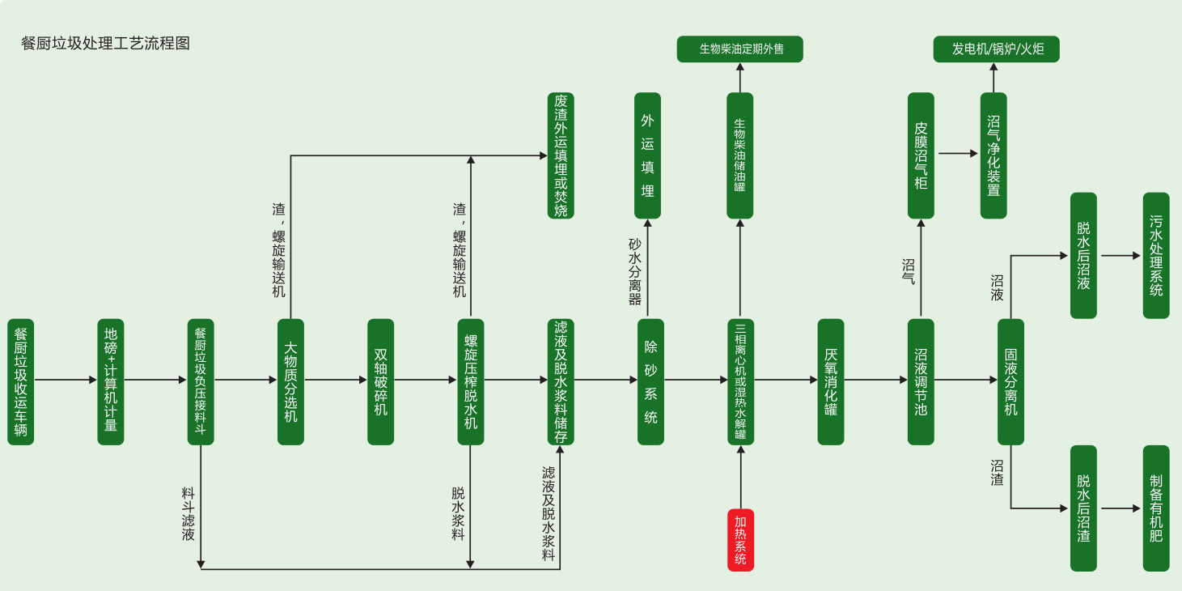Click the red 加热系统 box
click(x=740, y=540)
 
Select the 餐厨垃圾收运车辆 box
click(x=21, y=381)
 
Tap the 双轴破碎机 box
click(x=380, y=381)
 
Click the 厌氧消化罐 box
click(x=830, y=381)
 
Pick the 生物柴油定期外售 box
click(x=740, y=49)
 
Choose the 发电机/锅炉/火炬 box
click(x=996, y=49)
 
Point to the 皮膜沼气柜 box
click(x=921, y=155)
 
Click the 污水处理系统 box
click(x=1156, y=255)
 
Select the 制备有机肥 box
click(x=1156, y=508)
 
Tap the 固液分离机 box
click(x=1010, y=381)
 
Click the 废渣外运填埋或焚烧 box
click(x=561, y=155)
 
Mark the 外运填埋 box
click(x=647, y=155)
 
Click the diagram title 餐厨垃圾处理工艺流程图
click(x=106, y=44)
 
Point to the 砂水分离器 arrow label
click(x=635, y=271)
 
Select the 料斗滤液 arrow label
click(x=188, y=513)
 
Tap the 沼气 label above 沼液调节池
click(x=909, y=271)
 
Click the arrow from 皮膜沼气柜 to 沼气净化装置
click(x=957, y=153)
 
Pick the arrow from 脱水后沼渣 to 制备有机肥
click(x=1120, y=508)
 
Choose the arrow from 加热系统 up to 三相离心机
click(x=740, y=478)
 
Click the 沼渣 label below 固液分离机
click(x=998, y=473)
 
